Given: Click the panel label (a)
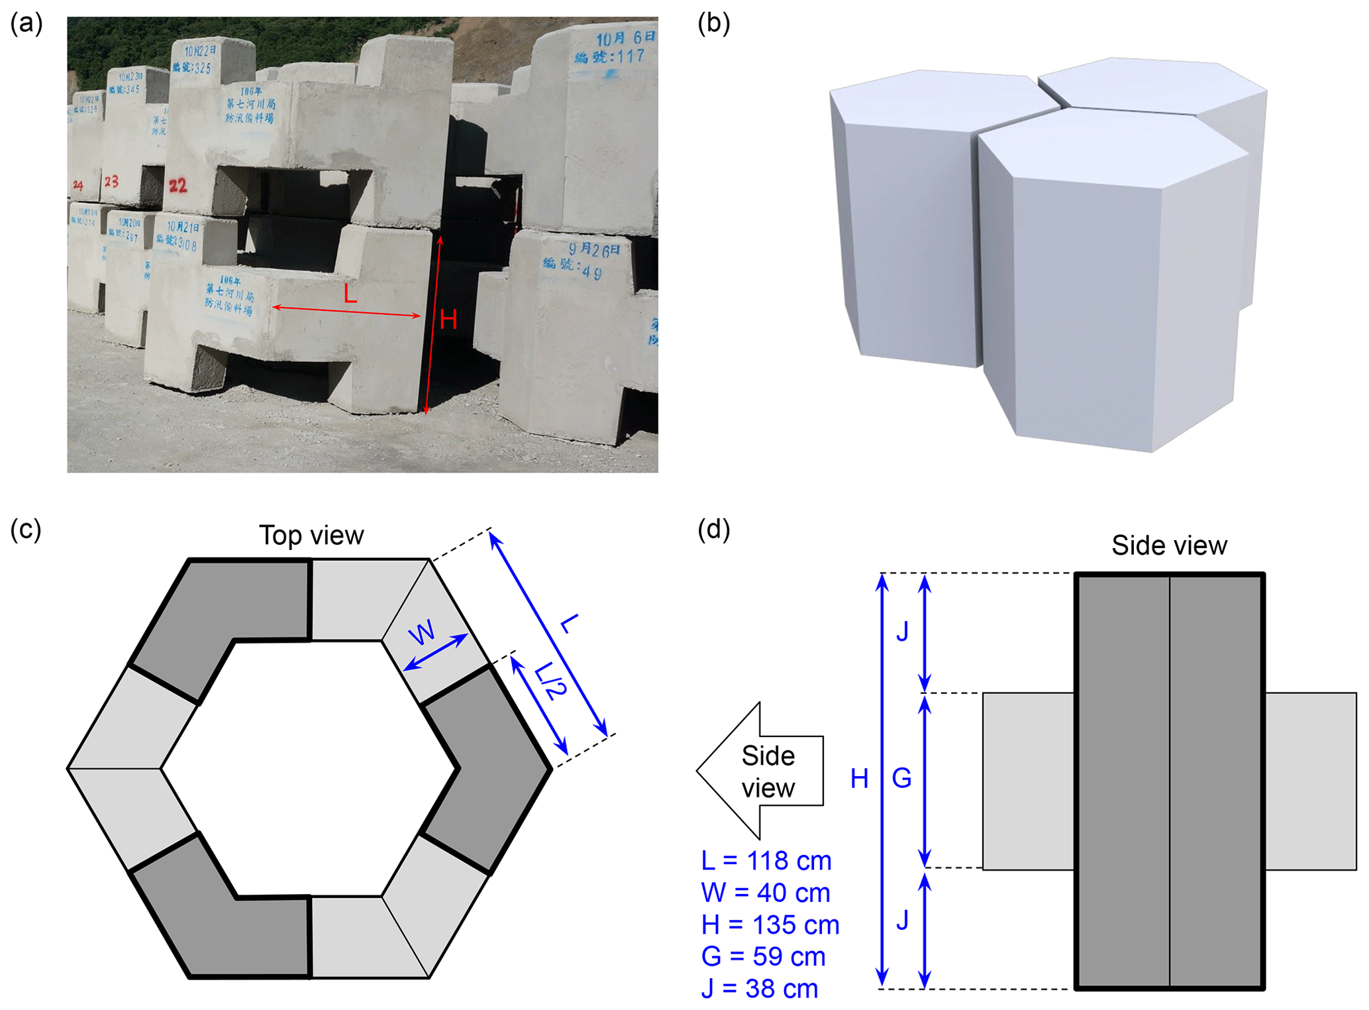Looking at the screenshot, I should tap(26, 24).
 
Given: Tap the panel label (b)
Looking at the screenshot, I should tap(713, 24).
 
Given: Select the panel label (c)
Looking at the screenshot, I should tap(26, 530).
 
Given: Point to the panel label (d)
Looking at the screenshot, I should tap(713, 530).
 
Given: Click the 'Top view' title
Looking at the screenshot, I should tap(311, 535).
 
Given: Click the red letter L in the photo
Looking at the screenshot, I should tap(350, 294).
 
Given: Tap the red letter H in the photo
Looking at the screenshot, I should tap(448, 321).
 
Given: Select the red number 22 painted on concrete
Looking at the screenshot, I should tap(177, 186).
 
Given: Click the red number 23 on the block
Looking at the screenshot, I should tap(111, 182).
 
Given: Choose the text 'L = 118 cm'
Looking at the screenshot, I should tap(766, 860).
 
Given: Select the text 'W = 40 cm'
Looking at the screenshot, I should tap(765, 893).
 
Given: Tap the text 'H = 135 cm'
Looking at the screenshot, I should tap(770, 925).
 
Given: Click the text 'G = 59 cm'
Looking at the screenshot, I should tap(763, 956).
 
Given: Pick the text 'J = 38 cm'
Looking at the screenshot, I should tap(759, 988).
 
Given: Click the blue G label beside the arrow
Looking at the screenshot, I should tap(901, 778).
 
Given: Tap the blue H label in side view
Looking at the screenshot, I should tap(859, 779).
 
